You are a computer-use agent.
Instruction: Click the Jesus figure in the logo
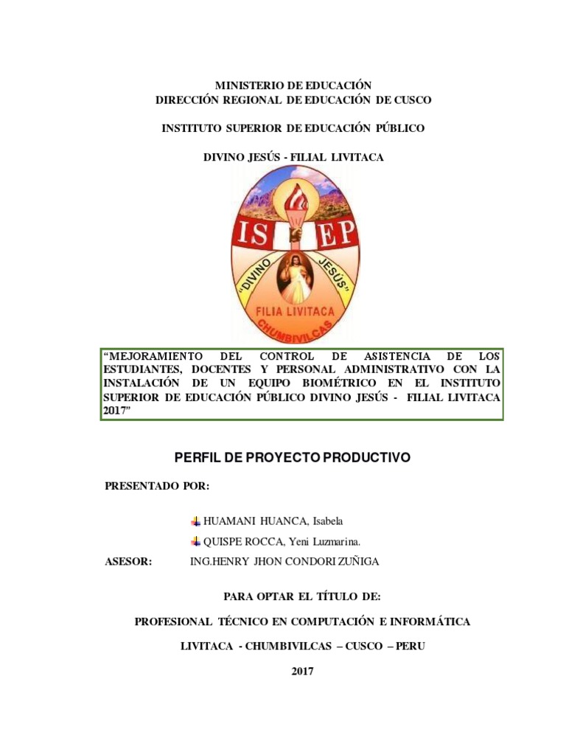tap(296, 276)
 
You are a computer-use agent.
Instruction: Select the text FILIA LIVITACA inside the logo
tap(295, 312)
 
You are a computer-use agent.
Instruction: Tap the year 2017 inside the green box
tap(115, 411)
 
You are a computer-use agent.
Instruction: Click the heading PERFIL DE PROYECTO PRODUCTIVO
tap(292, 458)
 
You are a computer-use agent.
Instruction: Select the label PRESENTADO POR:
tap(157, 486)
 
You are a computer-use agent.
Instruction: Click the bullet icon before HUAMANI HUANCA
tap(195, 521)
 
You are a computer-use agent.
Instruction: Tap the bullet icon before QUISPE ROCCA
tap(195, 542)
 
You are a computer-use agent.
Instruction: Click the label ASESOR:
tap(129, 562)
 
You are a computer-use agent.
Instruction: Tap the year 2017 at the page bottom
tap(302, 671)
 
